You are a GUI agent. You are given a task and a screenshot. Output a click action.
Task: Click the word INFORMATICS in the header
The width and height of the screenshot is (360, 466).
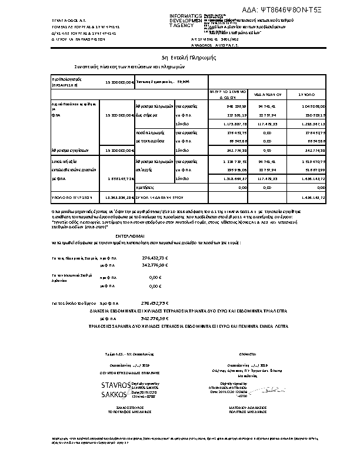(x=186, y=16)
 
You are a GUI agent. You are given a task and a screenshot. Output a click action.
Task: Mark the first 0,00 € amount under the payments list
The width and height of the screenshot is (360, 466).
(x=155, y=277)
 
